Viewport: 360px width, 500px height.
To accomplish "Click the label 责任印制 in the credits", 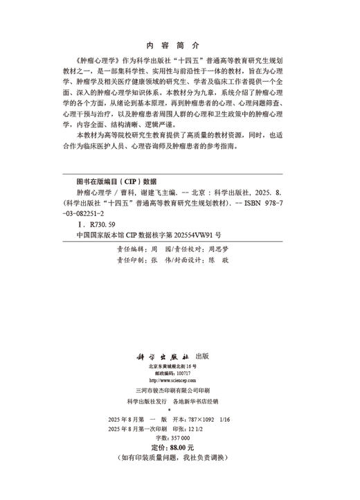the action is (132, 260).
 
